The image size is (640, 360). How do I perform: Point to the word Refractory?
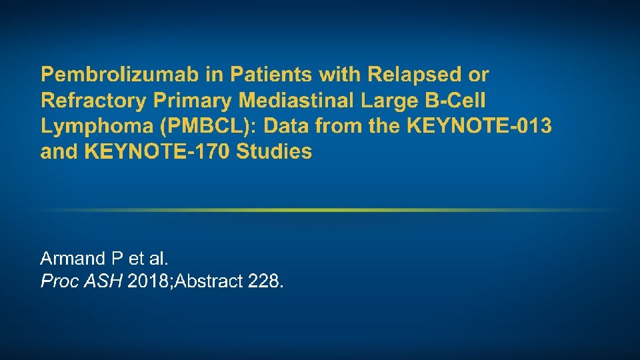click(93, 100)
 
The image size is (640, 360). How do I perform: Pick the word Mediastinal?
click(297, 100)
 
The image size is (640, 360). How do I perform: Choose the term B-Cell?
click(455, 100)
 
